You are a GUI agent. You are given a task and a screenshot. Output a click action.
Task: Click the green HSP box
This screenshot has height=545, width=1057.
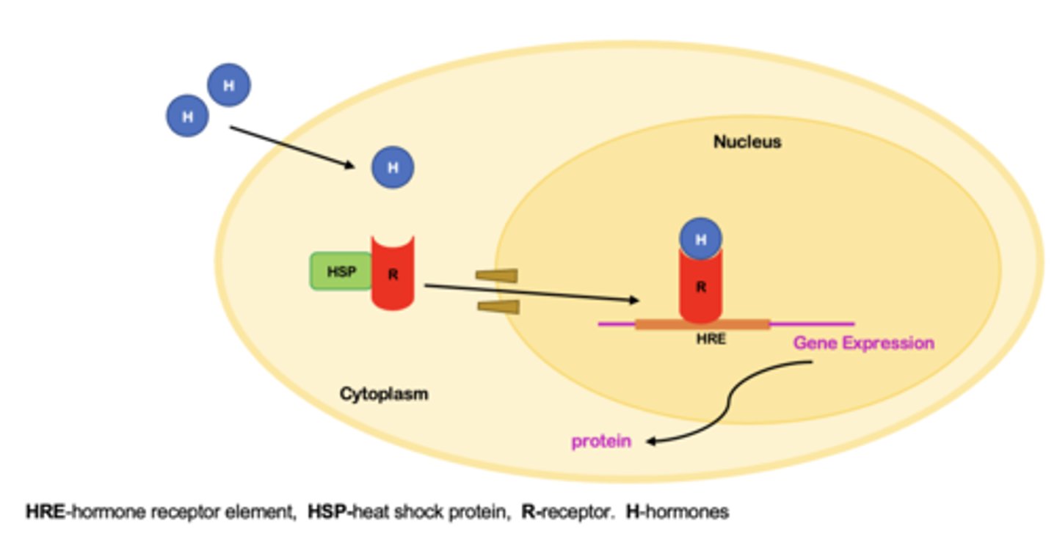[x=341, y=271]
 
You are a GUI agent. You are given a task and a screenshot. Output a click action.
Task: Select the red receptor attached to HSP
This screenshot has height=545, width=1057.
[x=393, y=274]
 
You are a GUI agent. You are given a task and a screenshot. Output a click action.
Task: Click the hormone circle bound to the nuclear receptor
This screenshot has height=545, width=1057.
[x=700, y=238]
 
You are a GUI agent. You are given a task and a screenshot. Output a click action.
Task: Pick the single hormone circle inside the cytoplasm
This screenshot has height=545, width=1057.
[x=393, y=167]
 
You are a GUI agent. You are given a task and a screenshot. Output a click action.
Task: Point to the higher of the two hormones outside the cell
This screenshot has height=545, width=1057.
[x=229, y=85]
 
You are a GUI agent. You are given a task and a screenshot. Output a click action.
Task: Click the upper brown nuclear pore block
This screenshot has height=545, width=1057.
[x=497, y=275]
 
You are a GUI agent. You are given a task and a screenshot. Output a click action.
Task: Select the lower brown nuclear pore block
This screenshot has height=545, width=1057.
[x=498, y=306]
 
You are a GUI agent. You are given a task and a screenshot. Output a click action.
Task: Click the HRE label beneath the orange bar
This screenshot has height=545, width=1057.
[x=711, y=340]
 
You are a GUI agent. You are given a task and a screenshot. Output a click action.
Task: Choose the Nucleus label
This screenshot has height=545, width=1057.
[x=747, y=142]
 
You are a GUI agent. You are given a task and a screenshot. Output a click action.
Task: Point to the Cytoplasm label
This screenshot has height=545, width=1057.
[x=383, y=394]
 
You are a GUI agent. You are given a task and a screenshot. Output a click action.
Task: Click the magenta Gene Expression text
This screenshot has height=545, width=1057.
[x=863, y=343]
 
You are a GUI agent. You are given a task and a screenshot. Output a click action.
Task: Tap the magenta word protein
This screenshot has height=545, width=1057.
[x=601, y=442]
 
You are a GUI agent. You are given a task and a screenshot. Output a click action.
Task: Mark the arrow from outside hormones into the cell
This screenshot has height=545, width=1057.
[x=292, y=147]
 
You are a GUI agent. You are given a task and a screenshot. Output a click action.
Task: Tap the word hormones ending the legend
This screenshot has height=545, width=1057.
[x=686, y=512]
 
